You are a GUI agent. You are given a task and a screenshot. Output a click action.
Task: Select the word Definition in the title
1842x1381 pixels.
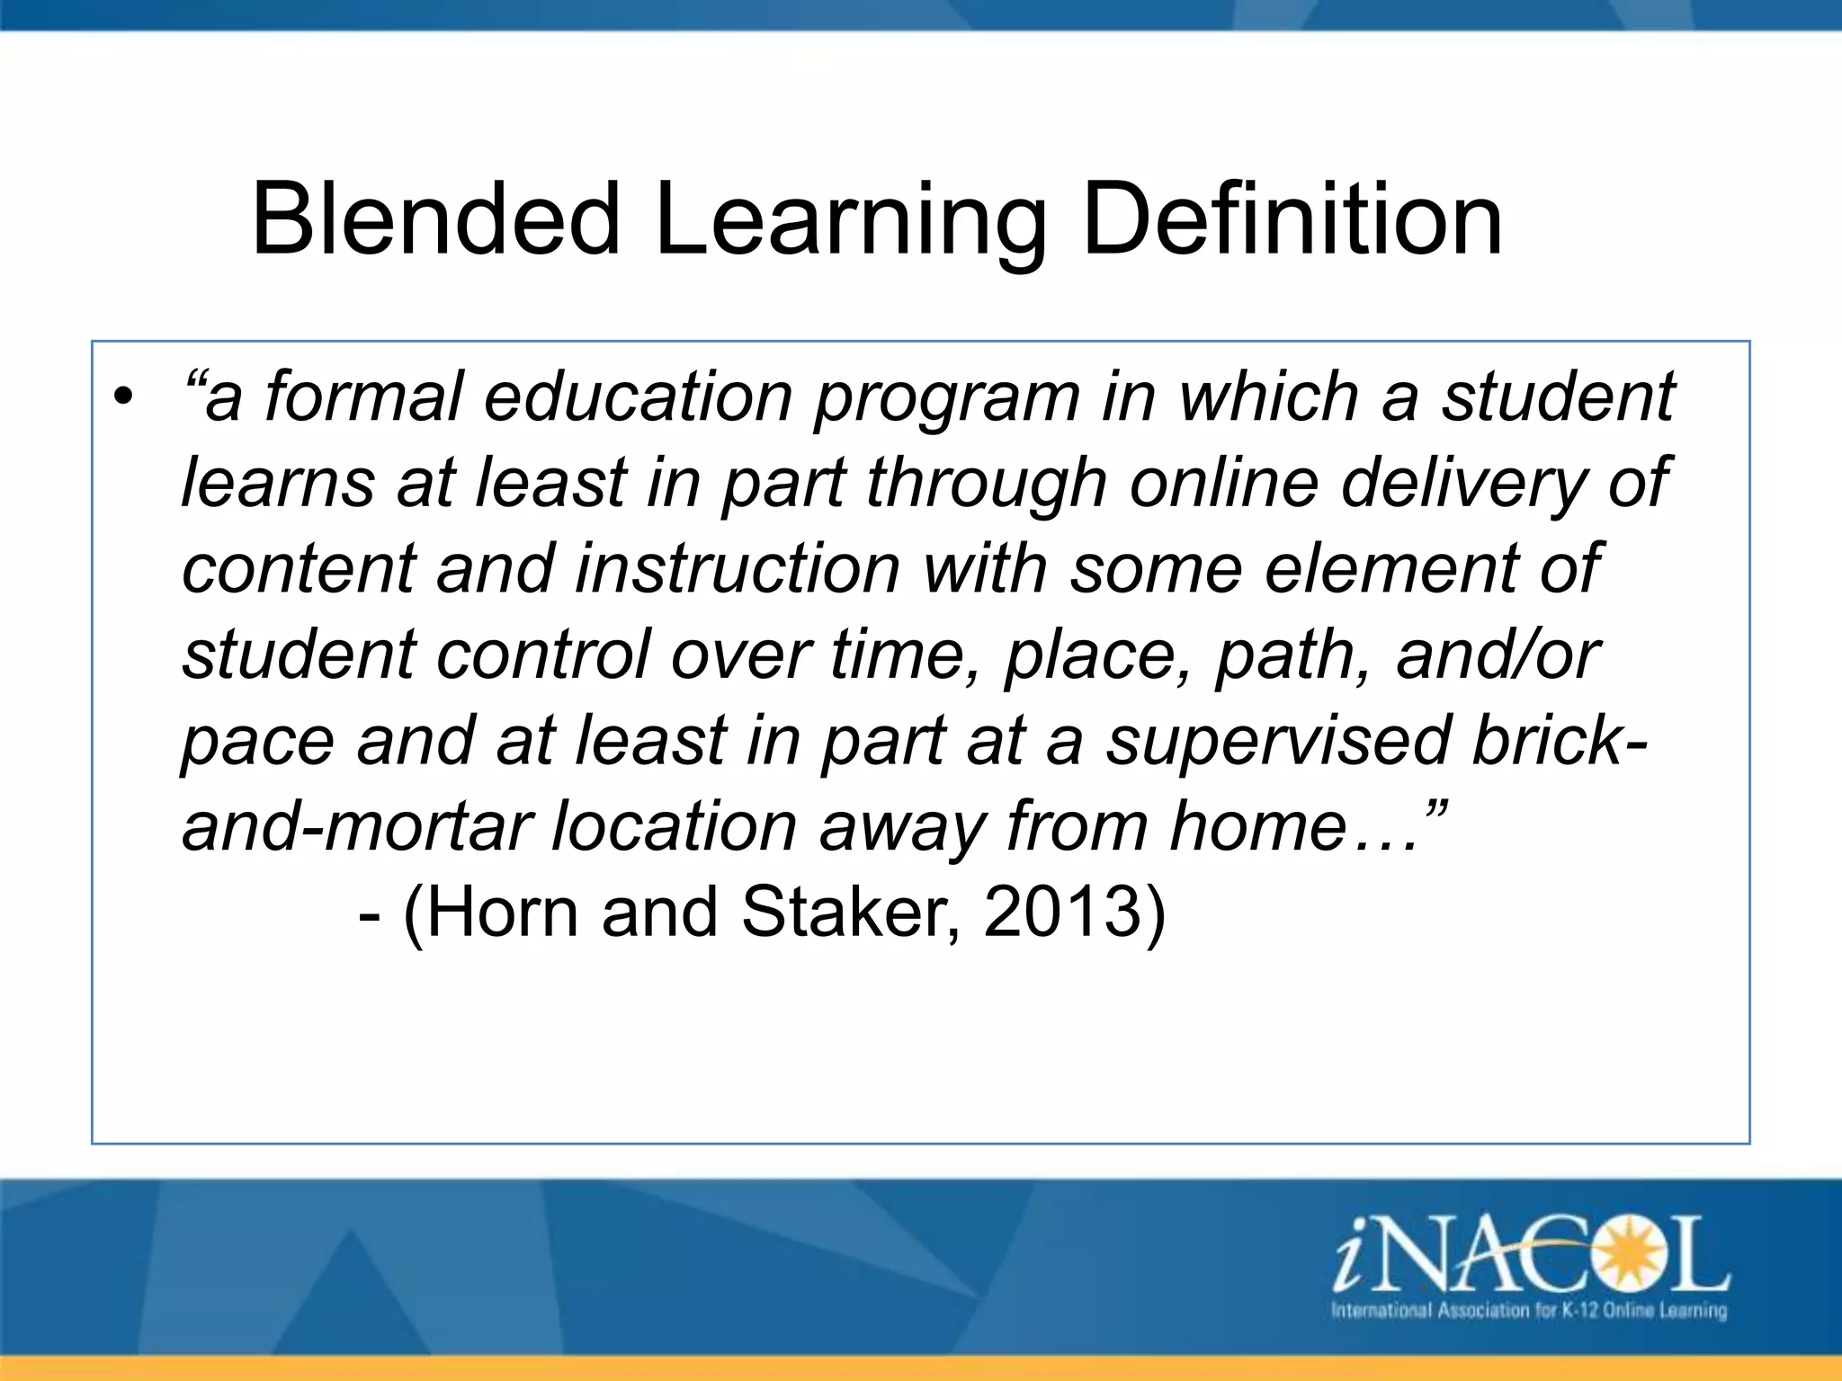click(1292, 218)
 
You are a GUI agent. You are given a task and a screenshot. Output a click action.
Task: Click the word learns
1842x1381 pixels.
click(278, 482)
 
